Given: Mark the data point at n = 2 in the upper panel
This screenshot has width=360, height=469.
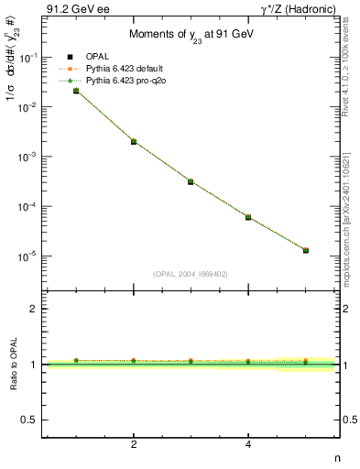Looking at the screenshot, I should [x=134, y=141].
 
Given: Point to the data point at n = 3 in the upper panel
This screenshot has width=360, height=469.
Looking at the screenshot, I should [x=191, y=181].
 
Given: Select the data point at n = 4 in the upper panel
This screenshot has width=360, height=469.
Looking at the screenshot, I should [x=248, y=217].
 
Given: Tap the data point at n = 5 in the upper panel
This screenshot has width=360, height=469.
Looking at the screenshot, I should [x=305, y=250].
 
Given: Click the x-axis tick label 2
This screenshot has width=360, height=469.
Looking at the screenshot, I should [x=134, y=444].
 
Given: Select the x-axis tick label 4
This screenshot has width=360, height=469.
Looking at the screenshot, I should [x=248, y=444].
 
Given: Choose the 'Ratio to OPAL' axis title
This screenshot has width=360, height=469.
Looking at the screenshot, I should [x=12, y=365].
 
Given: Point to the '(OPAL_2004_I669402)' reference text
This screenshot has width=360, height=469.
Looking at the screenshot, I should [x=190, y=273].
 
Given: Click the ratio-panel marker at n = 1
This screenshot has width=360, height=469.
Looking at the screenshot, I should [x=76, y=360].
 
